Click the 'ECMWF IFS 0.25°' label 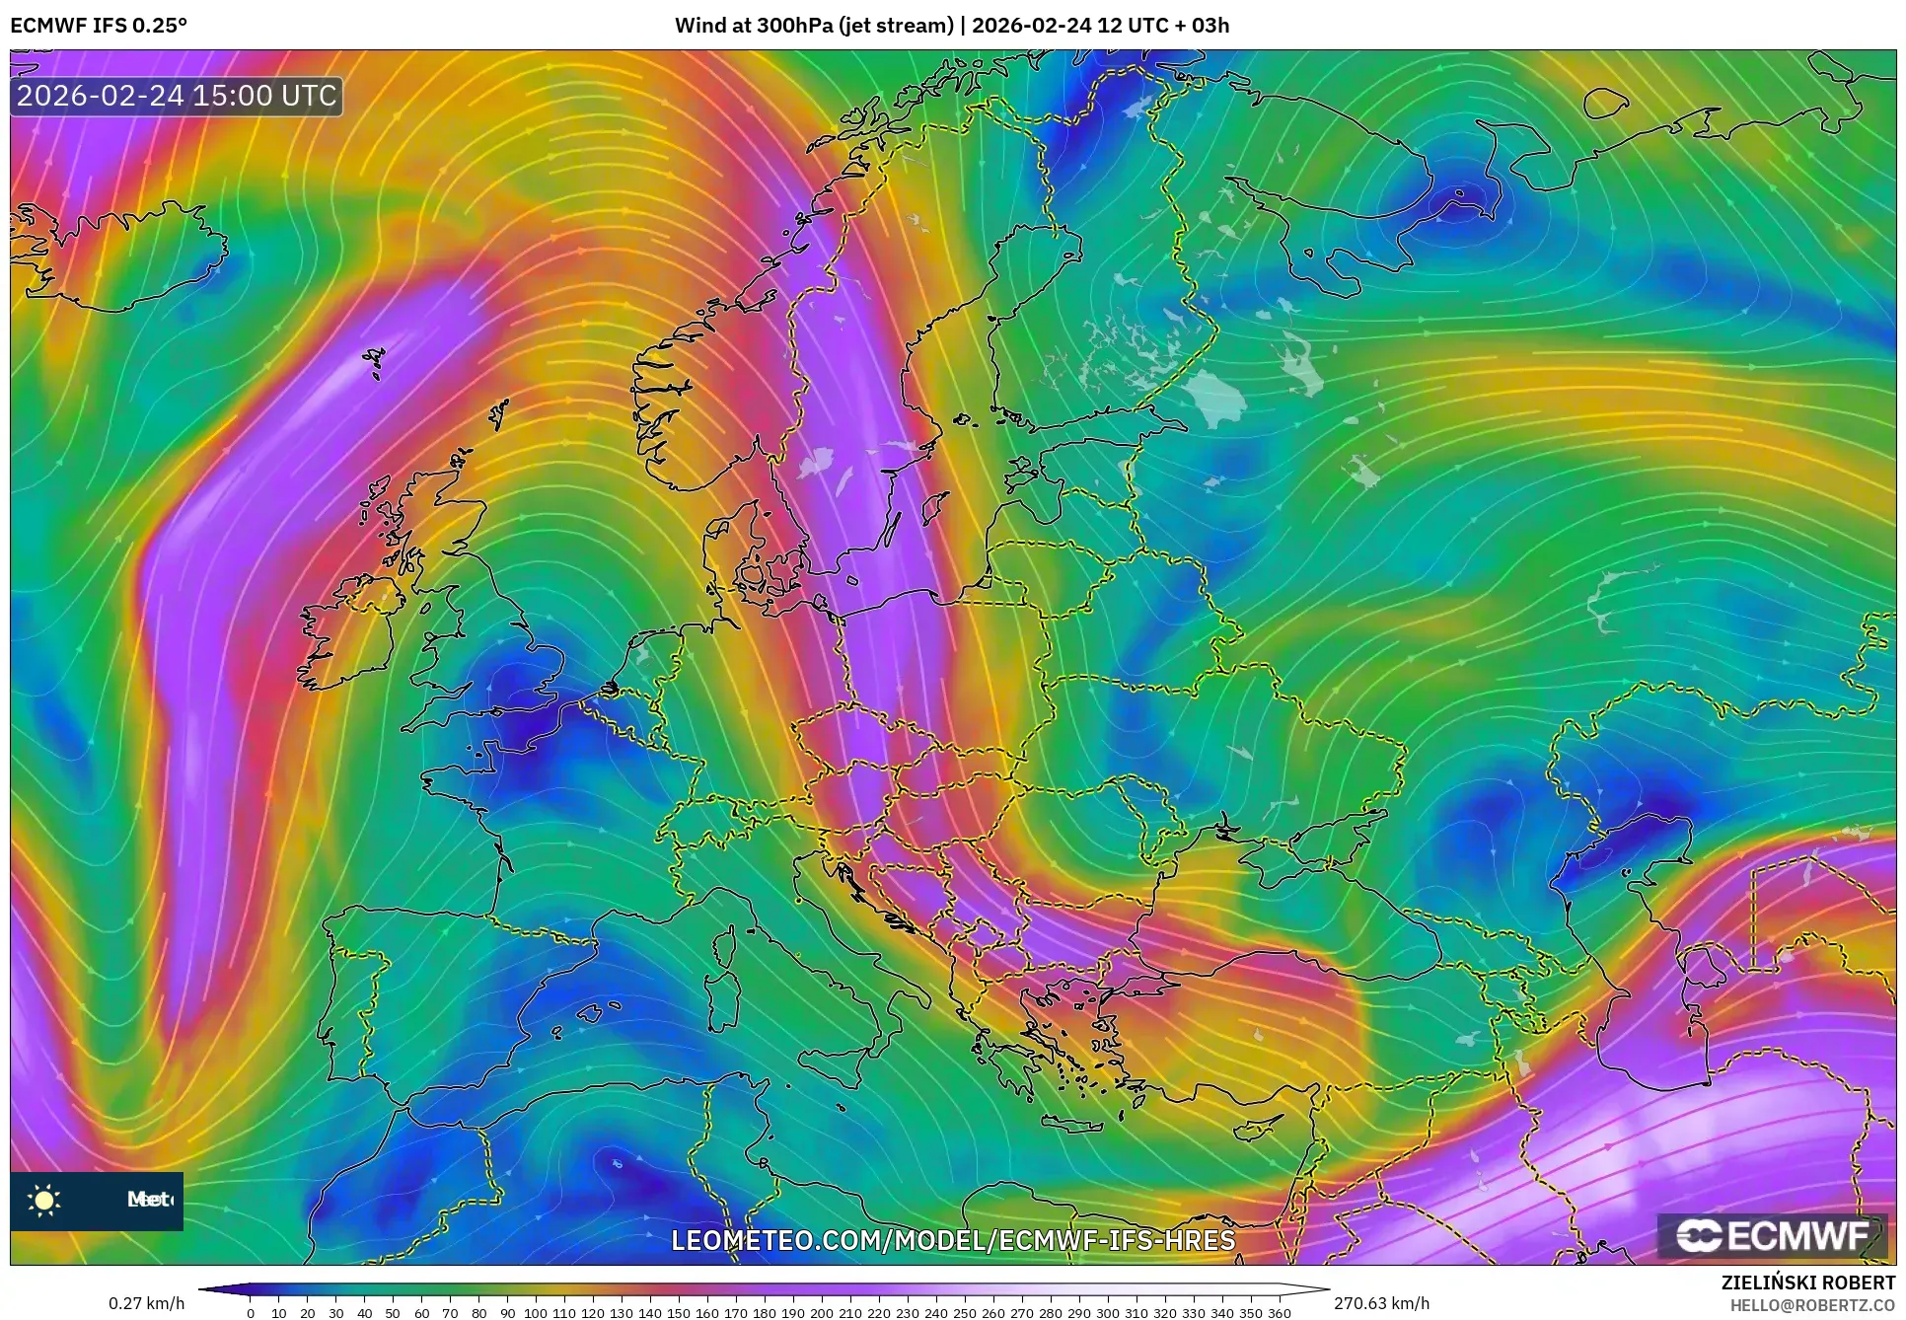click(99, 26)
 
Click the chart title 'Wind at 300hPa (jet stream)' click(814, 26)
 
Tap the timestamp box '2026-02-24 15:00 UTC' click(177, 96)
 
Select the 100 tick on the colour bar click(536, 1312)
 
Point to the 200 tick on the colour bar click(822, 1312)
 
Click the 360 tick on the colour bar click(1280, 1312)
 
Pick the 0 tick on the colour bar click(251, 1312)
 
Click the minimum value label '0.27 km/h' click(146, 1303)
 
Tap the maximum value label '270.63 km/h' click(1381, 1303)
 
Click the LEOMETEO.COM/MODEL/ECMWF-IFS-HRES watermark click(953, 1240)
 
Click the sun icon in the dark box click(44, 1200)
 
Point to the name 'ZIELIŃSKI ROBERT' click(1808, 1283)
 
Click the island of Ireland click(345, 631)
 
